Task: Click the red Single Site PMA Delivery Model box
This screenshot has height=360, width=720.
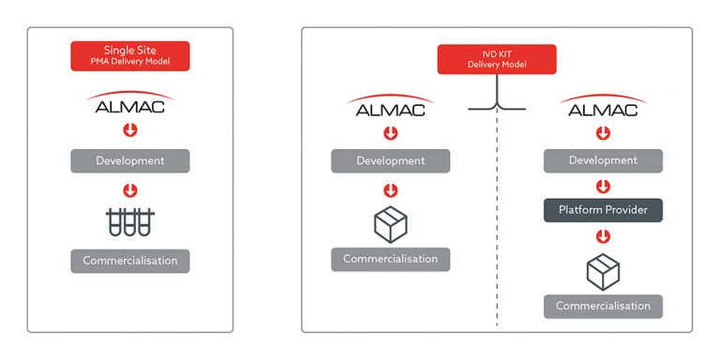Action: [130, 55]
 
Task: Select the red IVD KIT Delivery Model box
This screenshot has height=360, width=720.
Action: [497, 59]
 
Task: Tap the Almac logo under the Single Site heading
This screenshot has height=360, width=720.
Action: [130, 103]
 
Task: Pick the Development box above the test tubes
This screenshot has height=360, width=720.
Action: [130, 160]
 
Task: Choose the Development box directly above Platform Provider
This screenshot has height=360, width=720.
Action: [603, 160]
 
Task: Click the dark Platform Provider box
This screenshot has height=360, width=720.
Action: [603, 209]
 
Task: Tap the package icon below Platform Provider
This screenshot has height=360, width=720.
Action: [603, 271]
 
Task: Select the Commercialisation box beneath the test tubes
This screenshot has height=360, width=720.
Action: [130, 260]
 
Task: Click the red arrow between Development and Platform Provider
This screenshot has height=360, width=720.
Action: [603, 186]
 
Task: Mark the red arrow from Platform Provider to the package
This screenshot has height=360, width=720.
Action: [603, 234]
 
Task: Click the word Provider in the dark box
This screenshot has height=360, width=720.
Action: [625, 209]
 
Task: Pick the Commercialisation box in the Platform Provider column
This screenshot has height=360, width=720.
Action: [603, 306]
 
